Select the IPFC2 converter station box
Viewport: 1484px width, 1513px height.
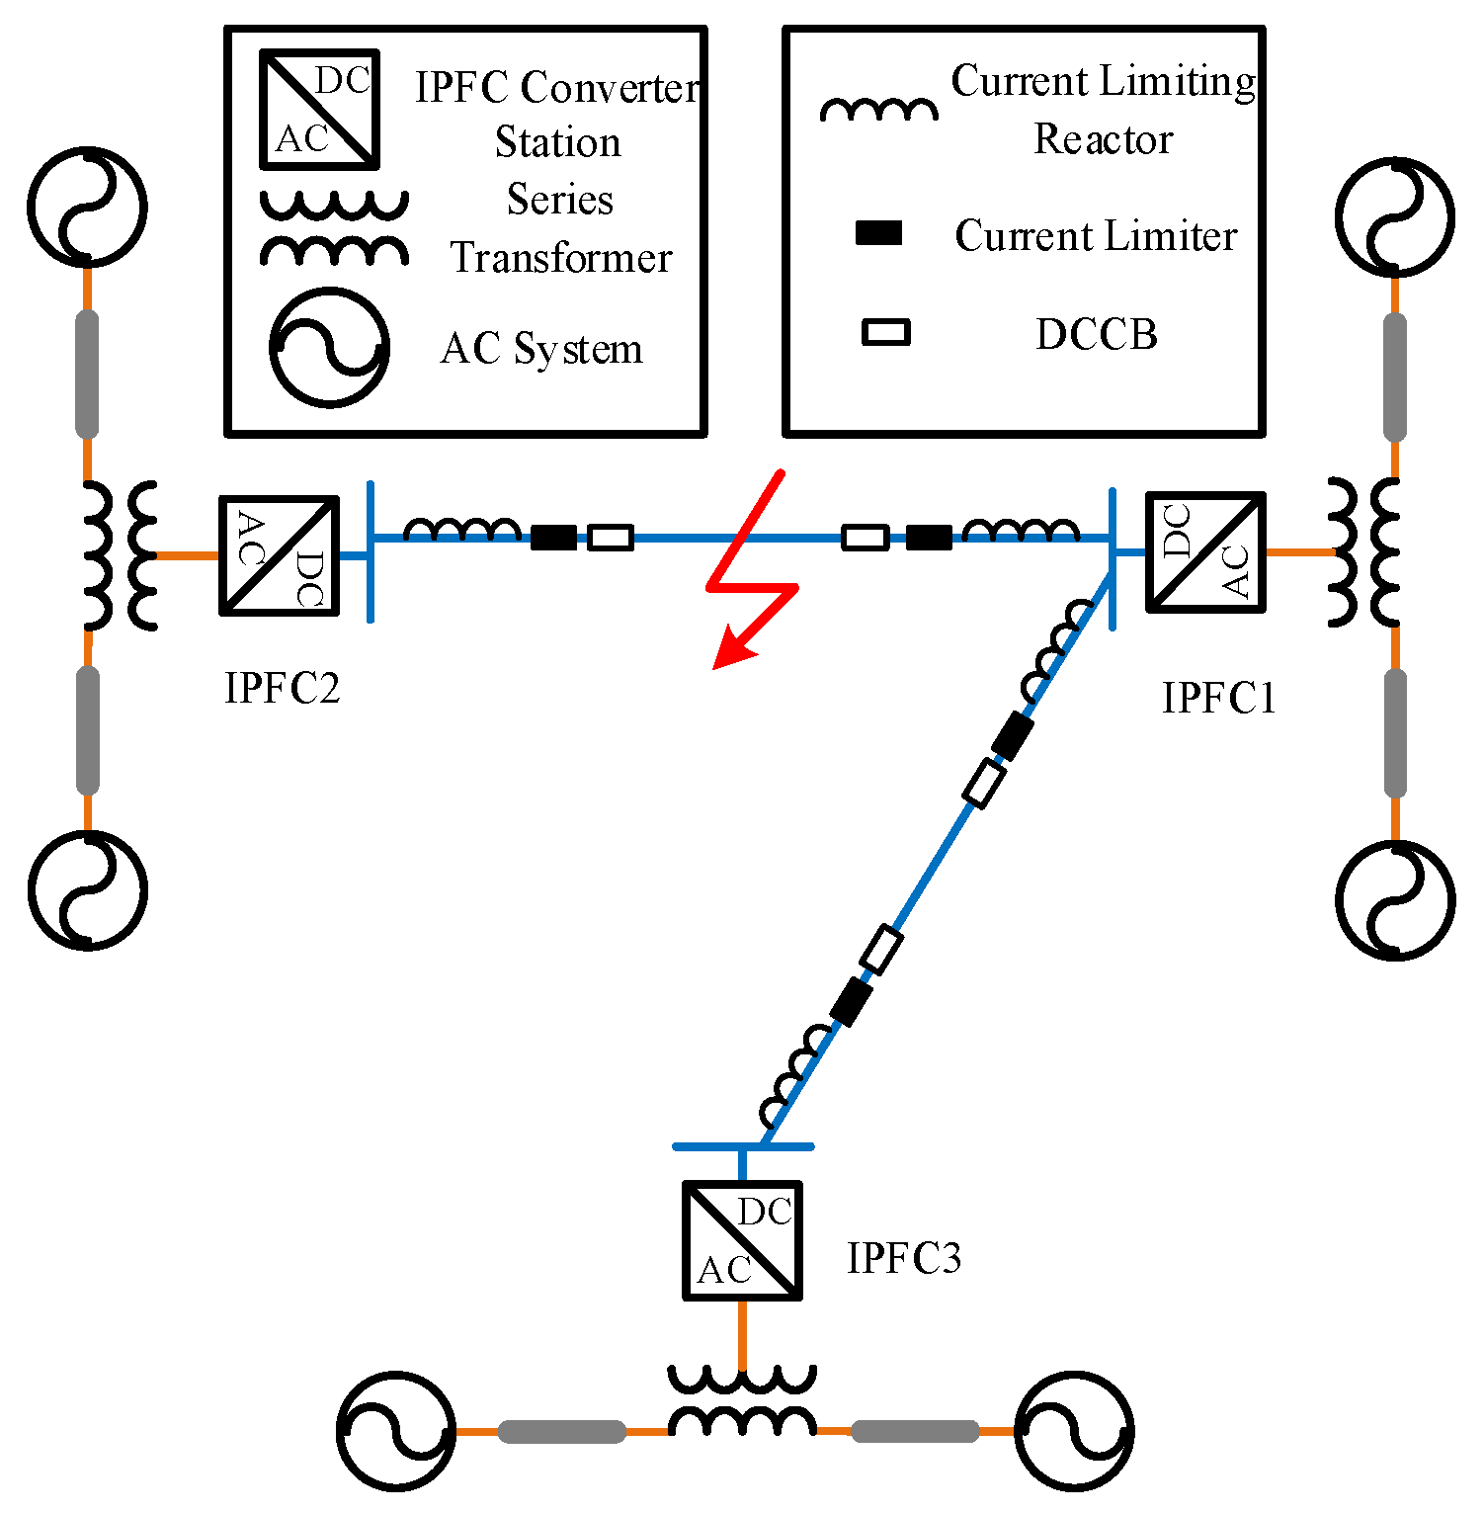(x=279, y=555)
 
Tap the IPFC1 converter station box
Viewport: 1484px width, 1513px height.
(x=1205, y=551)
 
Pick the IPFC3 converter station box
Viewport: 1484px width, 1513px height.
(x=742, y=1240)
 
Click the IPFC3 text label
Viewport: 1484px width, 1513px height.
(x=903, y=1258)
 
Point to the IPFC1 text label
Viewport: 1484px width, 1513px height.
(x=1218, y=698)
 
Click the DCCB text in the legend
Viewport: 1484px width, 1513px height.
(x=1096, y=335)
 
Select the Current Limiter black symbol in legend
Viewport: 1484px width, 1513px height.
(x=878, y=233)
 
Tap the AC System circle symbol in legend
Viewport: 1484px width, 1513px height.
(x=329, y=347)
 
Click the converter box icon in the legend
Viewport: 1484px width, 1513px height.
(x=319, y=110)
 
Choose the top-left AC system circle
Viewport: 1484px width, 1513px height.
(x=87, y=207)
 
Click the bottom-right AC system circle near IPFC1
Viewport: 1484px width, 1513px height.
(x=1395, y=899)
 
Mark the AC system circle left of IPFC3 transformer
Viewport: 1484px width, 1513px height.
(x=395, y=1430)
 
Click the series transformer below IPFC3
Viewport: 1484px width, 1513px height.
(x=742, y=1400)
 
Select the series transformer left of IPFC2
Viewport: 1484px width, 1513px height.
(x=119, y=555)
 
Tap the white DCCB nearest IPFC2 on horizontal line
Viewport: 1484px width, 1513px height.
(x=611, y=538)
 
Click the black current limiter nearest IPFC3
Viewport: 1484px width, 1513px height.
(x=851, y=1002)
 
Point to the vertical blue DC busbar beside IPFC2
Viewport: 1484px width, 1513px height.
(x=371, y=551)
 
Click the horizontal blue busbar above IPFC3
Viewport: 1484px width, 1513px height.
(x=742, y=1146)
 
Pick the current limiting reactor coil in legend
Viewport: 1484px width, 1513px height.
(x=878, y=109)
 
